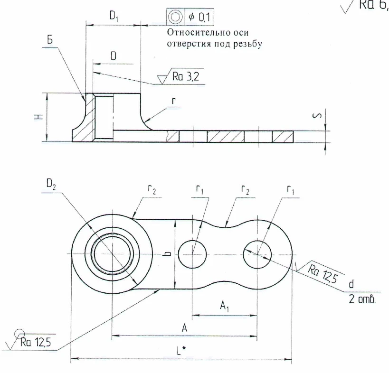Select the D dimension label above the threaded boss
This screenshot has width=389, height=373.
point(113,56)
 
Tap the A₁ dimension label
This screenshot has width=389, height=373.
point(224,307)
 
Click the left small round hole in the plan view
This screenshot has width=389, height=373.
point(192,253)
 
